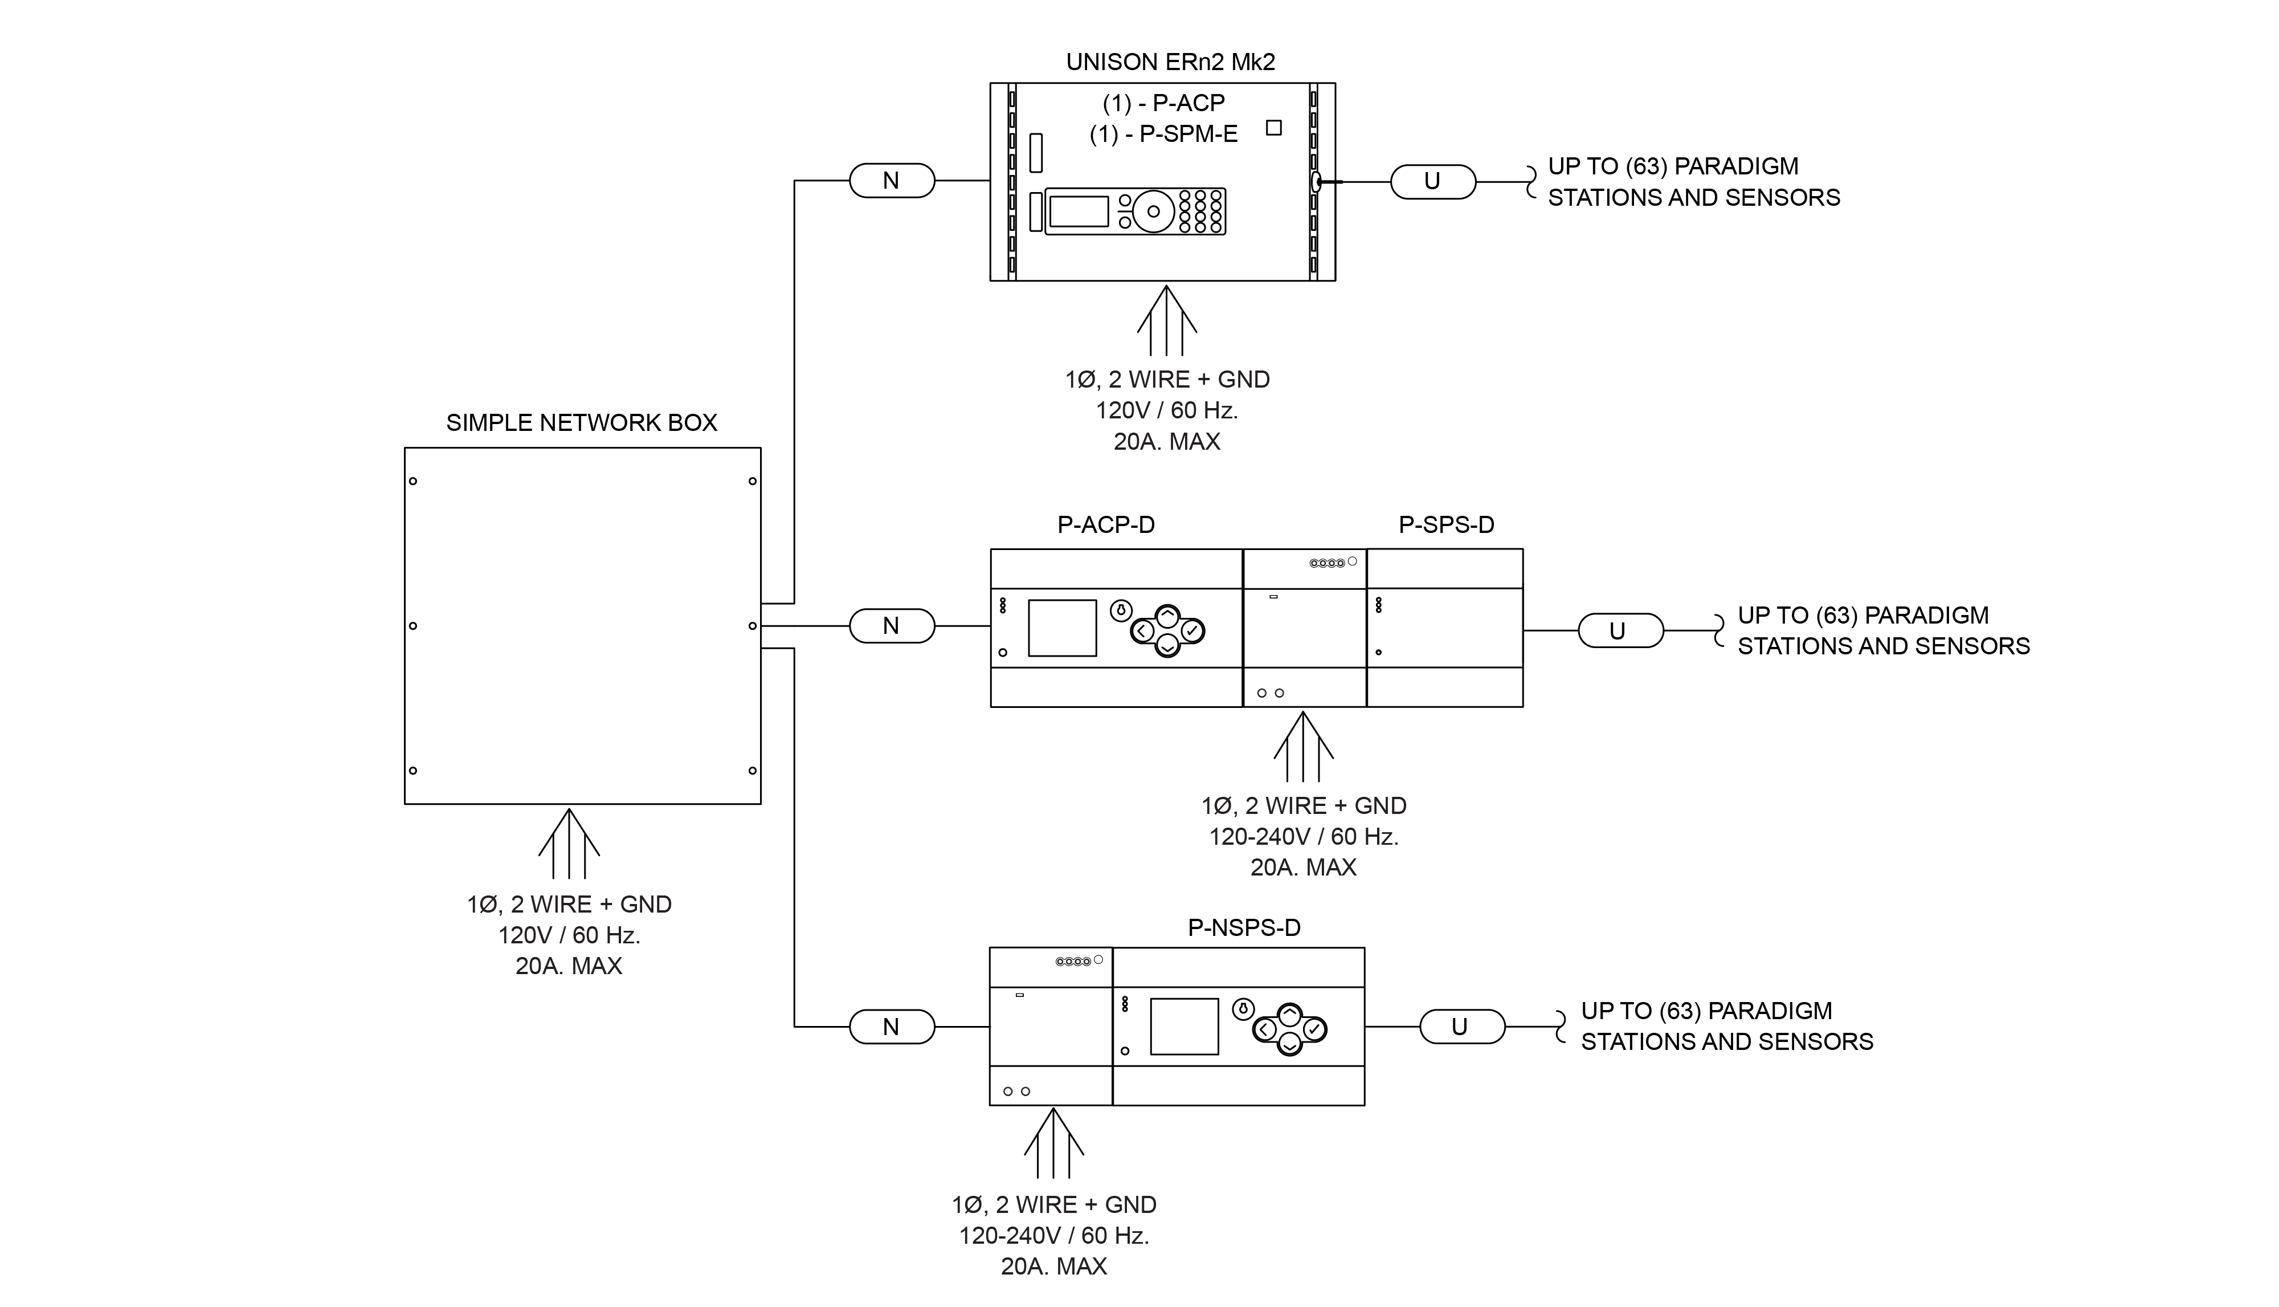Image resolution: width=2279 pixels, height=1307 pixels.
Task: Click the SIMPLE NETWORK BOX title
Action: [581, 423]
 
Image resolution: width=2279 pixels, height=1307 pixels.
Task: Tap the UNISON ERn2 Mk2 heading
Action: [1170, 62]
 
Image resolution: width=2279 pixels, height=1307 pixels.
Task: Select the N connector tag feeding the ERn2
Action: [892, 181]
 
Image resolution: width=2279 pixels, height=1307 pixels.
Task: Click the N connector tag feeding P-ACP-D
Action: [892, 626]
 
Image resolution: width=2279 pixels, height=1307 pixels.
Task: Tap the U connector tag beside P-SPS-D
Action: [1620, 631]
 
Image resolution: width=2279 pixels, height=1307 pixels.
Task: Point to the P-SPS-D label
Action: [1447, 525]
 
